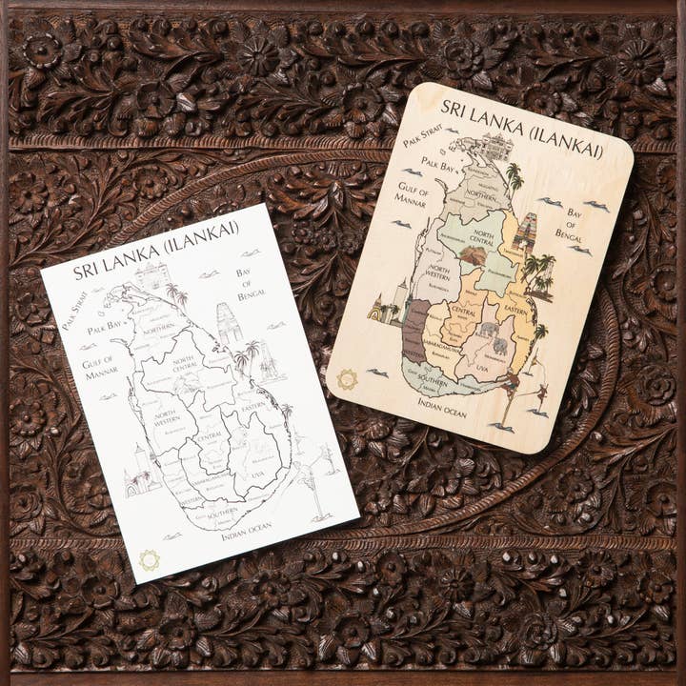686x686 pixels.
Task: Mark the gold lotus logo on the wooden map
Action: pos(346,378)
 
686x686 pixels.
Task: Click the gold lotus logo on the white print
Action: pos(149,559)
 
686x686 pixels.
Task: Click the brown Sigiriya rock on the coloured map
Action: pos(473,255)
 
